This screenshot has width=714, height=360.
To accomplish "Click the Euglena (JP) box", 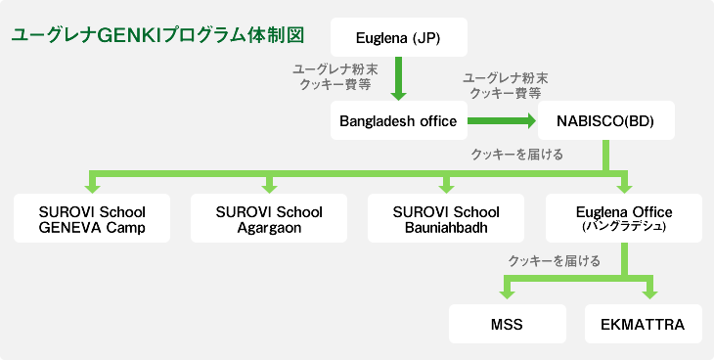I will pos(398,38).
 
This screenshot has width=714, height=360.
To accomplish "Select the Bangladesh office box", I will pos(398,121).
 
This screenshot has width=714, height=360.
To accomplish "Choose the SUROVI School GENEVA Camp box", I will pos(92,219).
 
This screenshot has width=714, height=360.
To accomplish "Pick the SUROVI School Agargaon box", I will pos(268,219).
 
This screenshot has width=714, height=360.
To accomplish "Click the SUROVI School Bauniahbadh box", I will pos(445,219).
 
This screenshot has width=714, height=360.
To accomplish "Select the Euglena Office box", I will pos(623,219).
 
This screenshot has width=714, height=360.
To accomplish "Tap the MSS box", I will pos(507,323).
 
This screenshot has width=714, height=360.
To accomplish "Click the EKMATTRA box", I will pos(646,323).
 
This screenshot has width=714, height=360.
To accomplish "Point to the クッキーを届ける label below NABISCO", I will pos(516,154).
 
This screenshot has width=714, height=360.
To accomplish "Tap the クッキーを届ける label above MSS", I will pos(554,261).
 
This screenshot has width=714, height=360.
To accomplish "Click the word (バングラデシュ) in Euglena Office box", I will pos(623,226).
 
